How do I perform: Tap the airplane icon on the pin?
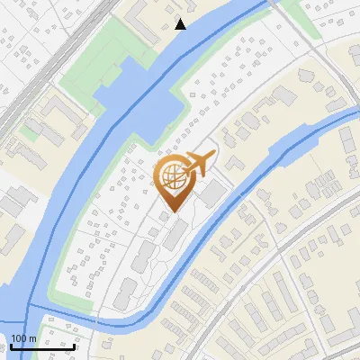[197, 164]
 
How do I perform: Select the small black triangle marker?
[181, 24]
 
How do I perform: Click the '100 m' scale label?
[24, 338]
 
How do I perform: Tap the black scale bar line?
[42, 346]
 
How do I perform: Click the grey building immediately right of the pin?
[213, 194]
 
